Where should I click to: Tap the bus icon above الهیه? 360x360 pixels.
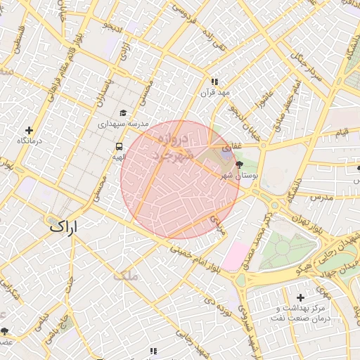point(118,146)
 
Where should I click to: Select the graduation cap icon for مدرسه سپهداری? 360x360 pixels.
point(123,112)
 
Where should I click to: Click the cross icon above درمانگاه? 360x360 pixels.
point(29,130)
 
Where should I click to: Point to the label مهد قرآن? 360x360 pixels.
point(214,93)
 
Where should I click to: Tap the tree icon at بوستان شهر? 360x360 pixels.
point(240,165)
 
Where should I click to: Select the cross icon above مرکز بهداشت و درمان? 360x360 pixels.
point(301,297)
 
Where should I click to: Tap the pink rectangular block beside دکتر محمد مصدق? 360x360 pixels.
point(236,257)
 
